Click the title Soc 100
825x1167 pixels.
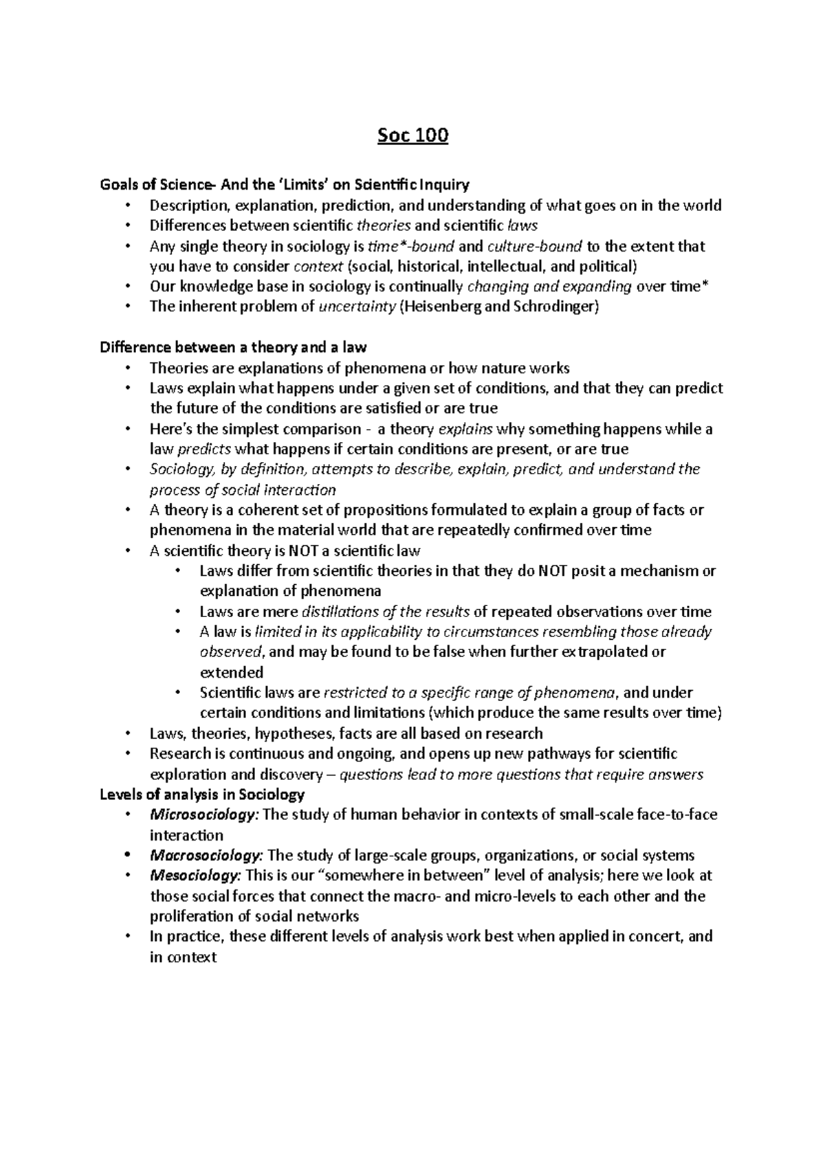[x=412, y=136]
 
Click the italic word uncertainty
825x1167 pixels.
[x=357, y=307]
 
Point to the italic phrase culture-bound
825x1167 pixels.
[x=534, y=246]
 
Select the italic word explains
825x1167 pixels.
[x=465, y=430]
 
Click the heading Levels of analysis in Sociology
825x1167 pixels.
[x=202, y=794]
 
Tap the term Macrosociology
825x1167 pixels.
[x=206, y=856]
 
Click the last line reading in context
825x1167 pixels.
[x=183, y=957]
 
